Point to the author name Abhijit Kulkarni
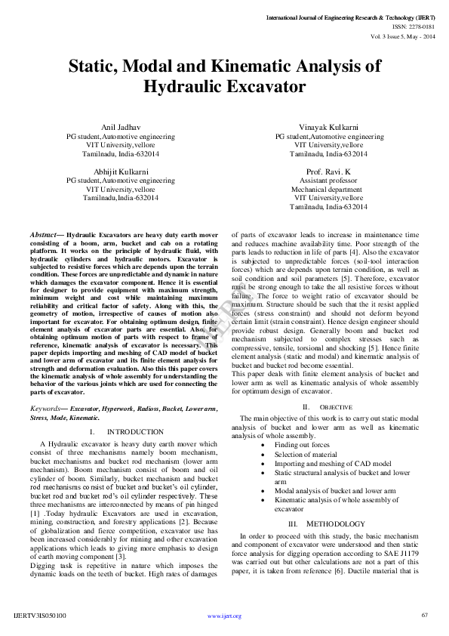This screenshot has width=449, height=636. coord(121,172)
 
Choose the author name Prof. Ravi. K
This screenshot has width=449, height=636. coord(329,172)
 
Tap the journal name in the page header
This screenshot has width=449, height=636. coord(351,16)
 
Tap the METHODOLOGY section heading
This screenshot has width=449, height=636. coord(335,503)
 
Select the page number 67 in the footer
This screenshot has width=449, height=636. coord(424,615)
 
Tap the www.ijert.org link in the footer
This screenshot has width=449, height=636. coord(224,616)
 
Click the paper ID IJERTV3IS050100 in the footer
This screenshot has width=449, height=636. coord(40,616)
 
